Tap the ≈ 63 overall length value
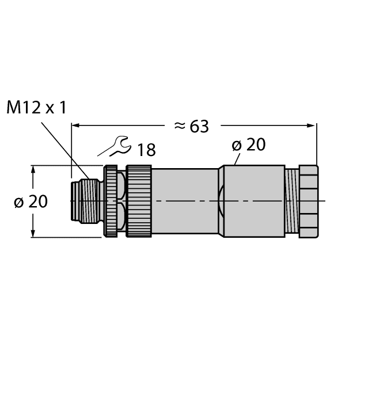click(191, 126)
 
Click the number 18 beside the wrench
click(146, 150)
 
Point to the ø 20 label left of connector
click(30, 201)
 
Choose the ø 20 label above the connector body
click(249, 145)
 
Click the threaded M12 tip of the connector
click(85, 201)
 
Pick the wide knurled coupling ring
click(139, 201)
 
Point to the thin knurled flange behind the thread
click(110, 201)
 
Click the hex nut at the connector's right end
click(309, 201)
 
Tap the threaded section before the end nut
click(293, 201)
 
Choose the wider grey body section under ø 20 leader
click(253, 201)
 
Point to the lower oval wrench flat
click(121, 219)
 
